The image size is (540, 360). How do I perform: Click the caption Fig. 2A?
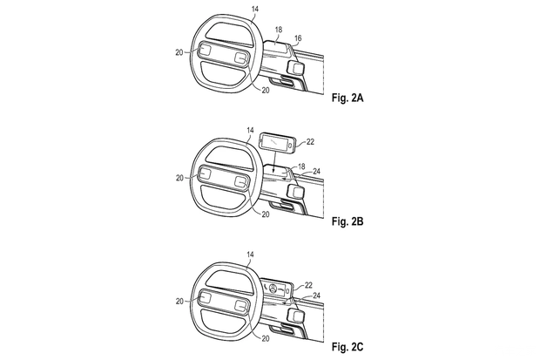click(348, 98)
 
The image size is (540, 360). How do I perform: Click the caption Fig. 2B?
click(348, 221)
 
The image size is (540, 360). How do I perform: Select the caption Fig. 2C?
click(348, 347)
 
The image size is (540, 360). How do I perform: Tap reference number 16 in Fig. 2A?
click(298, 38)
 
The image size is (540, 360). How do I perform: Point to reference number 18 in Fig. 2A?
click(278, 30)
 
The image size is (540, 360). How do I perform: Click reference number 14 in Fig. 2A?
click(255, 9)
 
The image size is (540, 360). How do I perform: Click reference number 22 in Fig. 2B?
click(310, 142)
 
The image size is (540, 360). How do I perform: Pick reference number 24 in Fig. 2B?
click(316, 171)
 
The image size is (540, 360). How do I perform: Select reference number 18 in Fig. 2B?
click(301, 166)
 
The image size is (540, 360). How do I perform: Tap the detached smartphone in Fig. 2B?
click(278, 142)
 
